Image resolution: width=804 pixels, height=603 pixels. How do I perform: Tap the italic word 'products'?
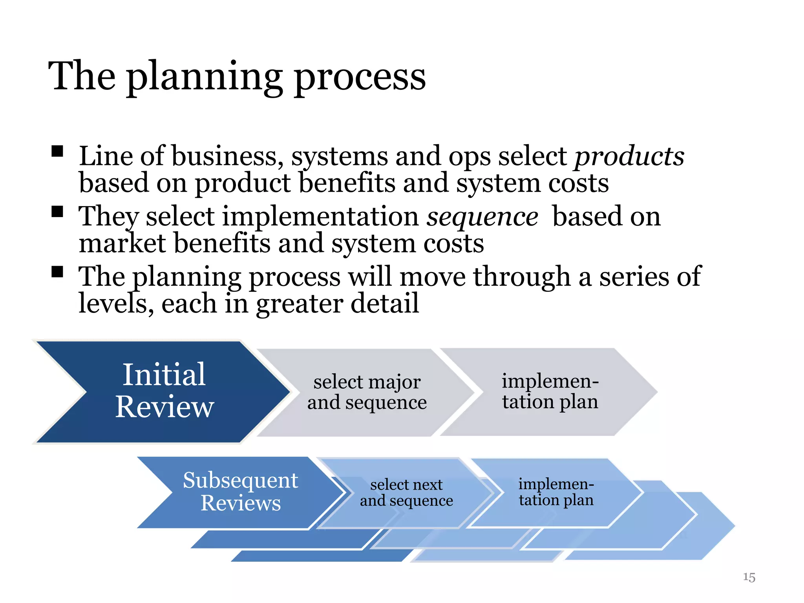click(629, 156)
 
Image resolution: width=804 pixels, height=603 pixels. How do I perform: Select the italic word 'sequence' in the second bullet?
click(482, 217)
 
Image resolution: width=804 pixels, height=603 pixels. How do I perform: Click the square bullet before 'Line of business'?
click(57, 151)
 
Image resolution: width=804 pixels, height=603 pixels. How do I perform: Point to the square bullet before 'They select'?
click(57, 212)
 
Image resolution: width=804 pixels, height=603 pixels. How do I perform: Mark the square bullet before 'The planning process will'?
click(57, 272)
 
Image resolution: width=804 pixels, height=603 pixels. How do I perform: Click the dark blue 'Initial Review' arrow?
click(165, 392)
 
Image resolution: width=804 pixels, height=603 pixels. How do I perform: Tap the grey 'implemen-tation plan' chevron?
click(550, 392)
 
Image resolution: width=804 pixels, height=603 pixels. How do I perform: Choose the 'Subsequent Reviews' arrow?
click(240, 492)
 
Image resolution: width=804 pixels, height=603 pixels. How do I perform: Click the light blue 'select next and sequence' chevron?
click(406, 493)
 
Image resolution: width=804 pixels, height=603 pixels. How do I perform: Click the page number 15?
click(749, 577)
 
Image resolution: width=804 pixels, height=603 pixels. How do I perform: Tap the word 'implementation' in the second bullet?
click(321, 217)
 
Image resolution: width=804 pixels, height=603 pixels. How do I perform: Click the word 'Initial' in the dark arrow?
click(164, 375)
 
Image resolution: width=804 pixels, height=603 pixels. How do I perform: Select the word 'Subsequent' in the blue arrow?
click(240, 481)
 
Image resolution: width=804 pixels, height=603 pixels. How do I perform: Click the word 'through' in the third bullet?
click(521, 277)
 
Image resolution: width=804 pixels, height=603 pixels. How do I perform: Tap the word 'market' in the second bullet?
click(122, 243)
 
